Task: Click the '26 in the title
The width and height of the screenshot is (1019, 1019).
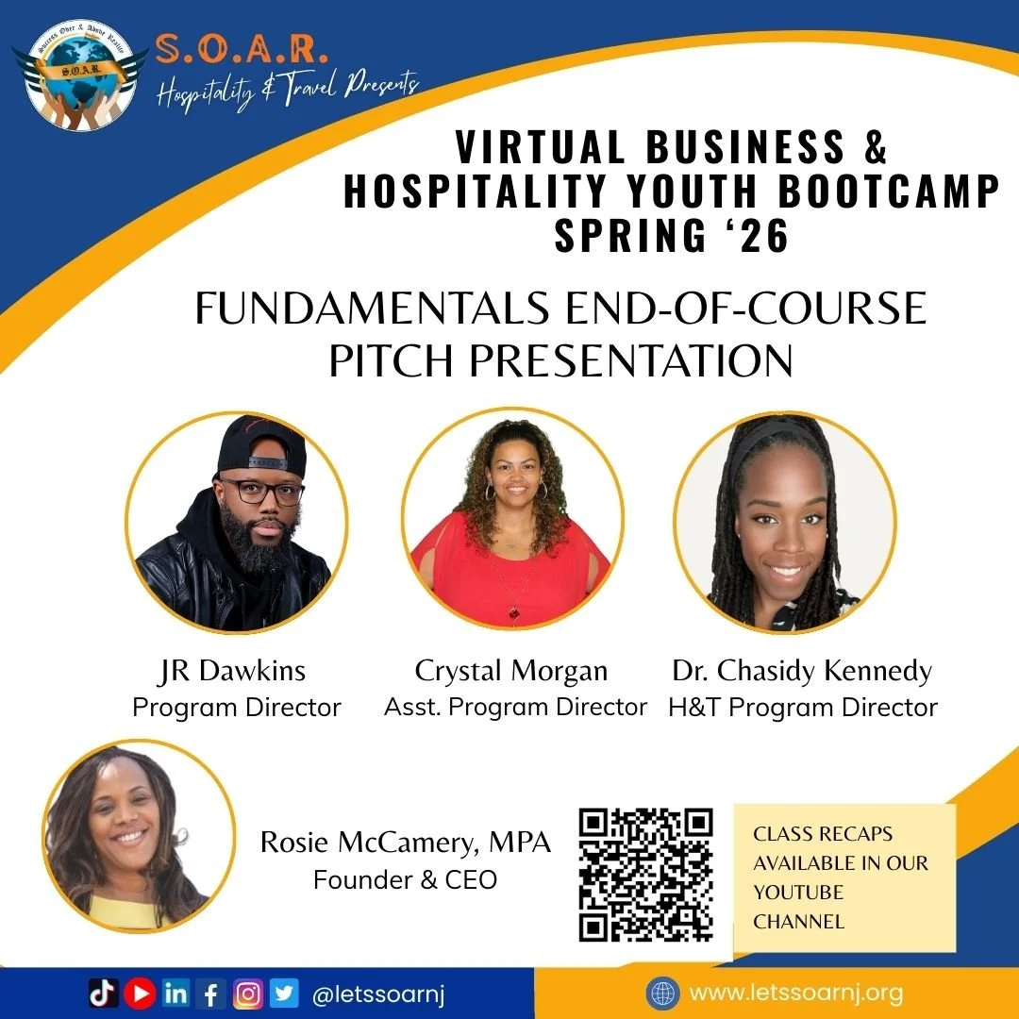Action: pos(756,236)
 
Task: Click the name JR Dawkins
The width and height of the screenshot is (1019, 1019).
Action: pos(233,672)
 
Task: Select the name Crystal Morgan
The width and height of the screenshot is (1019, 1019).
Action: pos(511,672)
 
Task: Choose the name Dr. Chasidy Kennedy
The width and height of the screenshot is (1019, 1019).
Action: pos(801,672)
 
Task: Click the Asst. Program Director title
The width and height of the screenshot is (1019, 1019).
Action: pos(515,707)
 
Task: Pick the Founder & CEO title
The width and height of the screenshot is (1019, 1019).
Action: pos(405,879)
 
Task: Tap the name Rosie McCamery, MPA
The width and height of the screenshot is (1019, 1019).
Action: pos(406,843)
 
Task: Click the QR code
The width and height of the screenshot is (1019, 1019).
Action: pos(645,875)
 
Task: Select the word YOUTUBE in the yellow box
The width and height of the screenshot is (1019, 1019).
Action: pos(798,893)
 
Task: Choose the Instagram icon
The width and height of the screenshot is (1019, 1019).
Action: pos(248,992)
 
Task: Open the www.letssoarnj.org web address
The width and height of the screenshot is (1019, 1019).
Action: pos(795,993)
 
